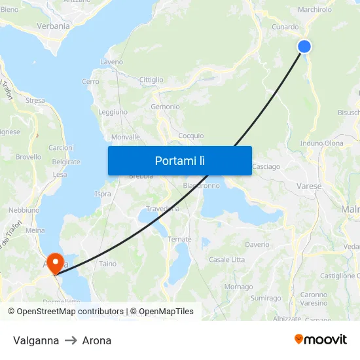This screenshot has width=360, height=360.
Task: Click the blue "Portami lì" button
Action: pos(179,160)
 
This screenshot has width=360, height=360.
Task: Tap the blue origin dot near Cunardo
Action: pos(304,46)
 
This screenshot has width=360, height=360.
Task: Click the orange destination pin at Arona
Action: pos(55,263)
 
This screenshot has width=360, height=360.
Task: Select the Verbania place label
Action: pos(54,26)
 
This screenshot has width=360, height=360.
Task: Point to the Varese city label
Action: pos(310,187)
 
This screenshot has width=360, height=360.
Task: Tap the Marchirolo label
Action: pos(315,10)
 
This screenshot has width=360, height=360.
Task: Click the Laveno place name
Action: pos(111,62)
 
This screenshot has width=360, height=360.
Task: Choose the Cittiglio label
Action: pos(151,80)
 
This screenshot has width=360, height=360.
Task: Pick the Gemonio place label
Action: pos(165,107)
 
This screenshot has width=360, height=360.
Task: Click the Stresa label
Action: pos(35,101)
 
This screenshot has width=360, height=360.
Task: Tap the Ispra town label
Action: pos(103,194)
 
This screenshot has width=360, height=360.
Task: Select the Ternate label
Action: pos(179,240)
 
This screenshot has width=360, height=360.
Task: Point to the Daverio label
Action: pos(257,245)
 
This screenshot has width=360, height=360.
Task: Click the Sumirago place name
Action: pos(265,298)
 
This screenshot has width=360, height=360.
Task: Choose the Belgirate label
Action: pos(66,162)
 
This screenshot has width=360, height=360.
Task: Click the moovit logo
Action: pos(321,339)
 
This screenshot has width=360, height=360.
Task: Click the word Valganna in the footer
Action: pos(36,340)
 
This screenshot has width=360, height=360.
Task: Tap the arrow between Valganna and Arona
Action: pos(71,340)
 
